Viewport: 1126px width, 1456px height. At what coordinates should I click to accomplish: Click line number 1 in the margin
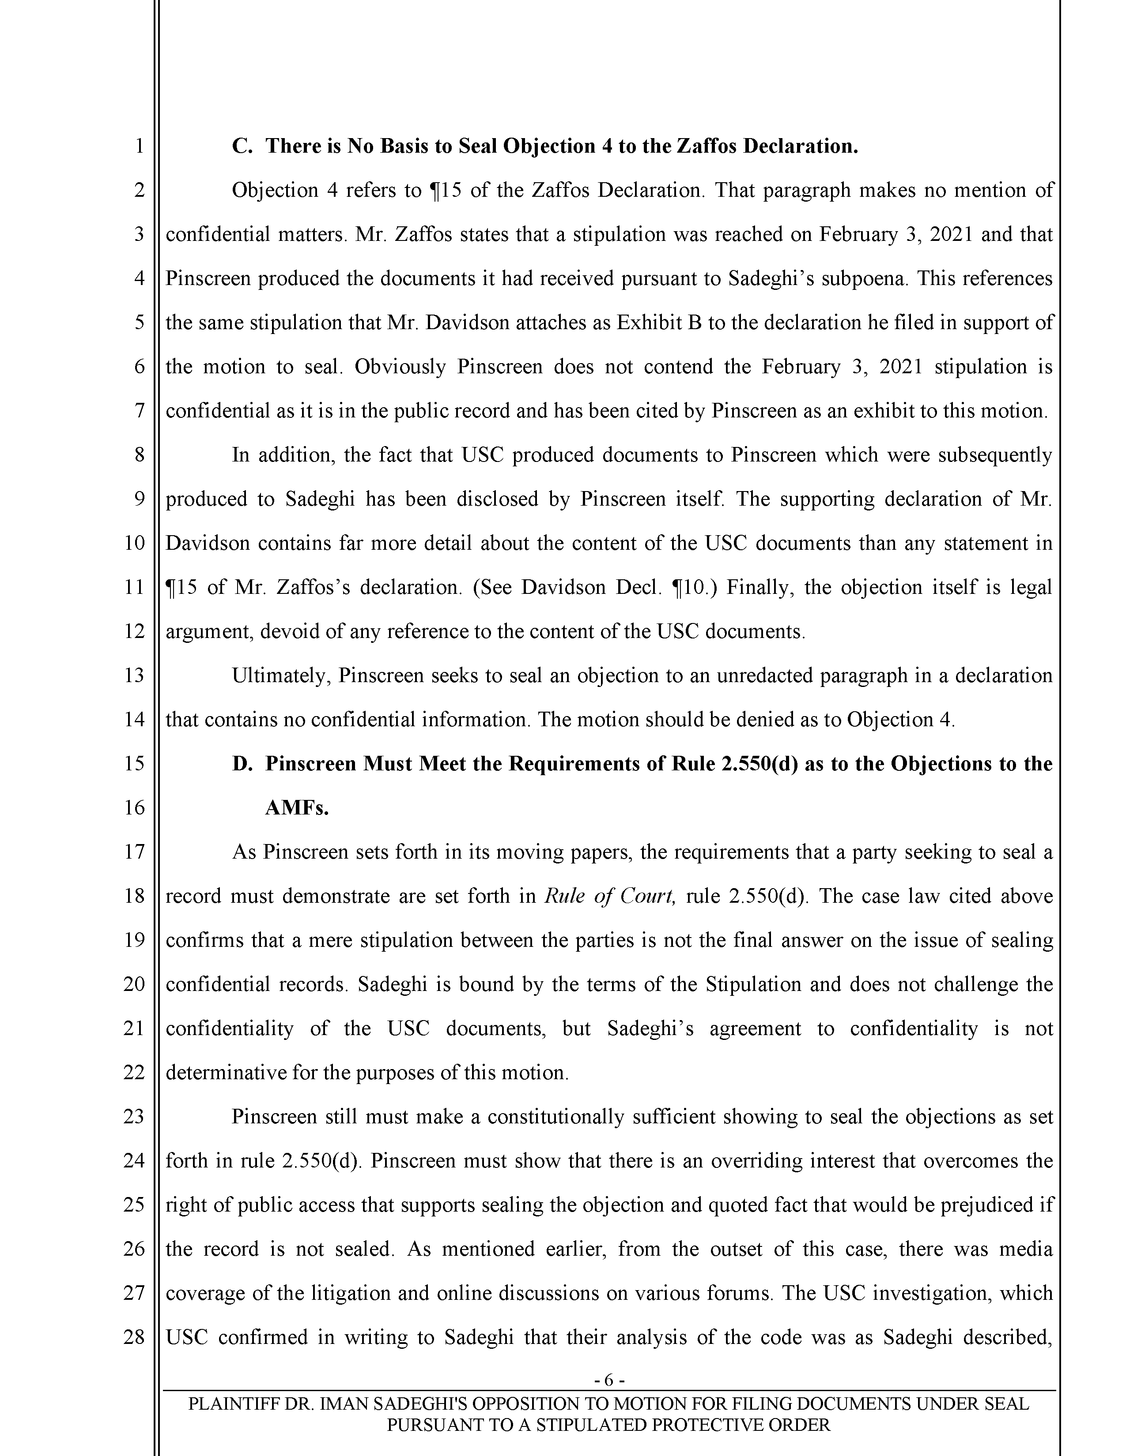click(139, 146)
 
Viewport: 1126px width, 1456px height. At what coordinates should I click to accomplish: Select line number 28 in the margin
click(135, 1337)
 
